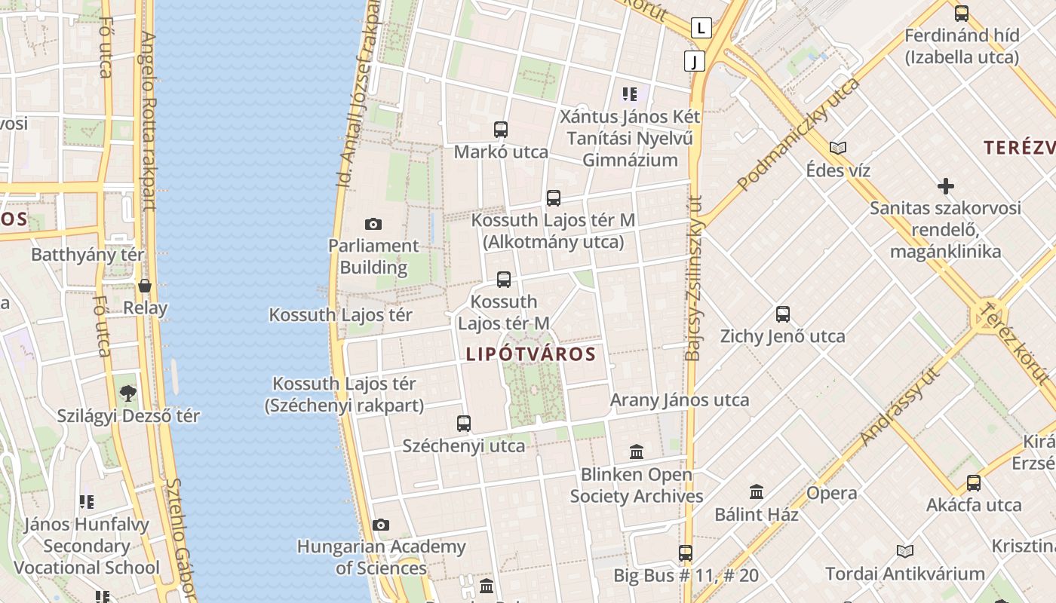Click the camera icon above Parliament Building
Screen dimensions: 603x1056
(x=373, y=224)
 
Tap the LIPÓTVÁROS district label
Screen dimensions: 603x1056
(x=531, y=354)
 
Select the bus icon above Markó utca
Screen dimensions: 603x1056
(x=501, y=130)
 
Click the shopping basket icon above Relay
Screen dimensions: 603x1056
(x=145, y=286)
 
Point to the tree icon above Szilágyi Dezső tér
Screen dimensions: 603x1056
(x=128, y=393)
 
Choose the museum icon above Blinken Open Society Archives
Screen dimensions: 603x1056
(x=637, y=452)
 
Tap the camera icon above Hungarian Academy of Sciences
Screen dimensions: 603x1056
(x=381, y=525)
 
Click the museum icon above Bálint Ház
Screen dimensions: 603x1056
(x=757, y=492)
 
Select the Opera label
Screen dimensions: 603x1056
(x=832, y=493)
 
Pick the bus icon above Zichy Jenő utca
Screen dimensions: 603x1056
(x=783, y=314)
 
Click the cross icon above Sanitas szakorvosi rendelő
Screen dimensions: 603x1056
(x=945, y=185)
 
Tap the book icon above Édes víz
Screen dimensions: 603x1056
(x=838, y=148)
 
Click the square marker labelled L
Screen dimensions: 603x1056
(x=701, y=29)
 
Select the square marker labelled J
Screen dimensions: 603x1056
(x=694, y=61)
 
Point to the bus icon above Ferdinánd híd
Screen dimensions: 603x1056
(x=962, y=13)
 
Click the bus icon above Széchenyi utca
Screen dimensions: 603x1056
(x=464, y=424)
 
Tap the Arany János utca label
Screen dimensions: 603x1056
(x=680, y=399)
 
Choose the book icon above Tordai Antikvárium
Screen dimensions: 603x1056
(x=905, y=551)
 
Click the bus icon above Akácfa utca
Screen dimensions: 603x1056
(x=974, y=482)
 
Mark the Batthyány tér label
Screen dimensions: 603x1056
(x=87, y=254)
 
